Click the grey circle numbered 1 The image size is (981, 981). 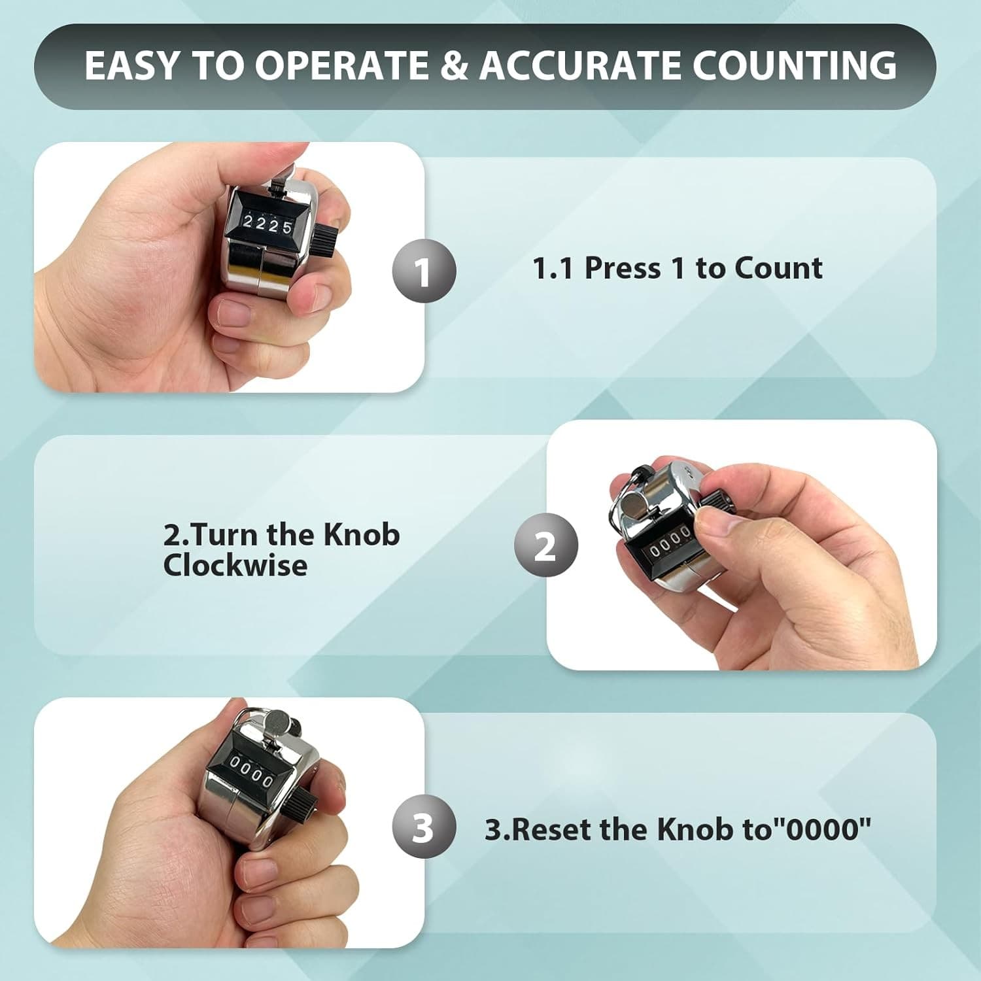click(424, 271)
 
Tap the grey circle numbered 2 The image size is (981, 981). click(545, 545)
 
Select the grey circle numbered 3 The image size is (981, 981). click(424, 827)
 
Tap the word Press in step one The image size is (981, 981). click(622, 268)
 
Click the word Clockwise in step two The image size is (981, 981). click(235, 566)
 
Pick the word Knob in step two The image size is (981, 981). click(362, 535)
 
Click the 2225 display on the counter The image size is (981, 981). click(267, 226)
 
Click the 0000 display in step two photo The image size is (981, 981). click(669, 544)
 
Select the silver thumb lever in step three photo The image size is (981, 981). click(280, 723)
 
